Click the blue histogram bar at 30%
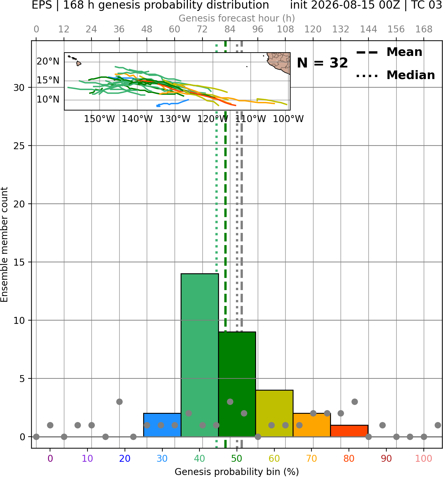162,425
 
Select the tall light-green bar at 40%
200,355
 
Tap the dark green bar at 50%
237,384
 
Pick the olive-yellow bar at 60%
274,413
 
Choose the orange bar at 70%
312,425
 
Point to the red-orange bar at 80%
349,431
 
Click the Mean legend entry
389,52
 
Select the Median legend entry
396,75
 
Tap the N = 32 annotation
322,63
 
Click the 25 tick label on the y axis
19,146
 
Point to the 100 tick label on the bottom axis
424,458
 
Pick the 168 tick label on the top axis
424,29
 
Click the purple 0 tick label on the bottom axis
50,458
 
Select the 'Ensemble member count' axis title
4,244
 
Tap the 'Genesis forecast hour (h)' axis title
237,18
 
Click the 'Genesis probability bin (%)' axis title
237,472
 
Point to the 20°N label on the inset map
48,62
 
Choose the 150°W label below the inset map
99,119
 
